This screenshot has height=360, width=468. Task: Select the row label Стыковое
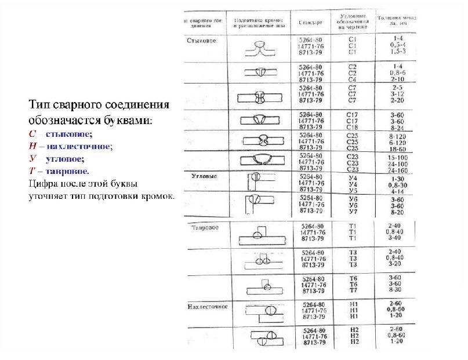(201, 40)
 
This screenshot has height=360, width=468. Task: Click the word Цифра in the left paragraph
(42, 184)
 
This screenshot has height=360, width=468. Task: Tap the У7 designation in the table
(352, 212)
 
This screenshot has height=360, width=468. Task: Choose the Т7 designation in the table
(353, 289)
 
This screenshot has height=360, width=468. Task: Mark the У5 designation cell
(352, 191)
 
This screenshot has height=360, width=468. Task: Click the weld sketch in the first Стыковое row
(259, 48)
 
